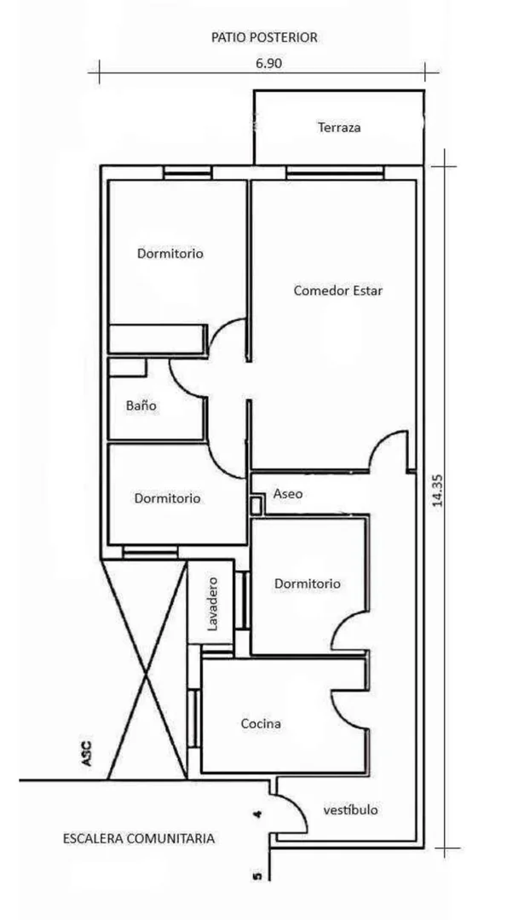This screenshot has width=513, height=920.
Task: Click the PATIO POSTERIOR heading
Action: [264, 37]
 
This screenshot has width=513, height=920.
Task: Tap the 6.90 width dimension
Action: [268, 64]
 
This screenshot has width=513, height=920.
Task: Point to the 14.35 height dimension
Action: [437, 491]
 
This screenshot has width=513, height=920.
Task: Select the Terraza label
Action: [339, 127]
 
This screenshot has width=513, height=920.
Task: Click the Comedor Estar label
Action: [338, 290]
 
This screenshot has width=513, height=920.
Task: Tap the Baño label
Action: [141, 405]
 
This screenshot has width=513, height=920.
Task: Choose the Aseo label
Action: [288, 494]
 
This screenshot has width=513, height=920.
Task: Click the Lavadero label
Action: [212, 604]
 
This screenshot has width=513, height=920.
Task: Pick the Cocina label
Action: [261, 724]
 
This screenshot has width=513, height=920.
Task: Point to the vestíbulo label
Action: [350, 810]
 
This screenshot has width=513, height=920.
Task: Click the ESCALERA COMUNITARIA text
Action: [139, 839]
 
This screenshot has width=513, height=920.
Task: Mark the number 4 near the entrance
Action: [257, 814]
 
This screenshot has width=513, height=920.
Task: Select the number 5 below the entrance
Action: [257, 877]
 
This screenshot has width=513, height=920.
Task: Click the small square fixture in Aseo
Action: [256, 504]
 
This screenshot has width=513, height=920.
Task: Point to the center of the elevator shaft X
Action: [146, 676]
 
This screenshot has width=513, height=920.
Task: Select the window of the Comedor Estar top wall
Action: [335, 172]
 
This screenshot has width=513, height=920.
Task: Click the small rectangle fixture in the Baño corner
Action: [127, 367]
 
